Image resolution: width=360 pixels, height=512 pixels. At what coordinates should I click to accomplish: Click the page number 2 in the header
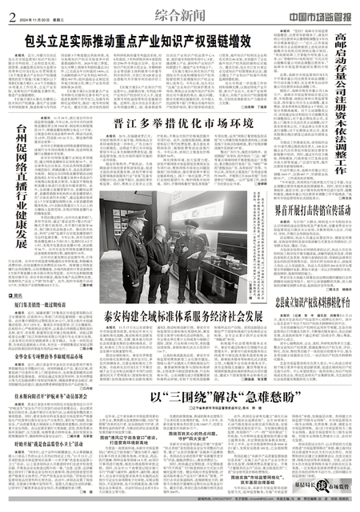(11, 11)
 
